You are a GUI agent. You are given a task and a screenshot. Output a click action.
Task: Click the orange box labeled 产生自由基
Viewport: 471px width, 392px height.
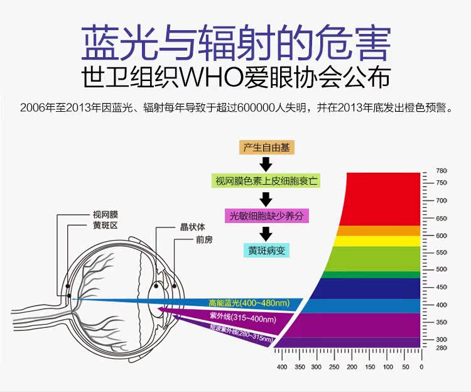(266, 148)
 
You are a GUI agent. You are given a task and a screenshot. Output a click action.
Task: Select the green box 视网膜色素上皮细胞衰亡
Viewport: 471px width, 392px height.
(266, 182)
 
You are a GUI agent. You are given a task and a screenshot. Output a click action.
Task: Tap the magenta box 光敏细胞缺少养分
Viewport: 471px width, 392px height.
(267, 215)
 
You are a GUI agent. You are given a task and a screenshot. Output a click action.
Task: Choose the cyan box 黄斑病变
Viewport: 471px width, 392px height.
(266, 249)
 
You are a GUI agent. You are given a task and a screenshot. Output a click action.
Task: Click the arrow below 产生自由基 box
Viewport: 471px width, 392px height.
(266, 165)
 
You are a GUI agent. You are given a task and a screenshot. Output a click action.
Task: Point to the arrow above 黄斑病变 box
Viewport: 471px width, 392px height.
(266, 233)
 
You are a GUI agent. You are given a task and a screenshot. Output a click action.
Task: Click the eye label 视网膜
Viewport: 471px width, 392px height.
(105, 214)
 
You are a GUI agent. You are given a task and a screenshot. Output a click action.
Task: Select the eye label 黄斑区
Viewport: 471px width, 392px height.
(105, 225)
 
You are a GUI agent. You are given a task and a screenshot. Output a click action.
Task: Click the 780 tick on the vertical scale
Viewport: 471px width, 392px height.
(441, 171)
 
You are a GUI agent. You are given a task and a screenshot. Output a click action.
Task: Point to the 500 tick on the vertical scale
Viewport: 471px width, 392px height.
(441, 269)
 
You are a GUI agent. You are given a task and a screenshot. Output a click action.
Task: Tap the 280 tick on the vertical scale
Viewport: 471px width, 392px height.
(441, 347)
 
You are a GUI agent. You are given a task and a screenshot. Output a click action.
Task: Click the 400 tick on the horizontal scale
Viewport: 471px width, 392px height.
(281, 366)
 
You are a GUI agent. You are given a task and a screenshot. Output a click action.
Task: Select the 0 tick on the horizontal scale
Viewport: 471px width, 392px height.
(421, 366)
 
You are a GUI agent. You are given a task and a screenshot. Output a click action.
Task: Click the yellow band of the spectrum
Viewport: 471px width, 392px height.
(384, 241)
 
